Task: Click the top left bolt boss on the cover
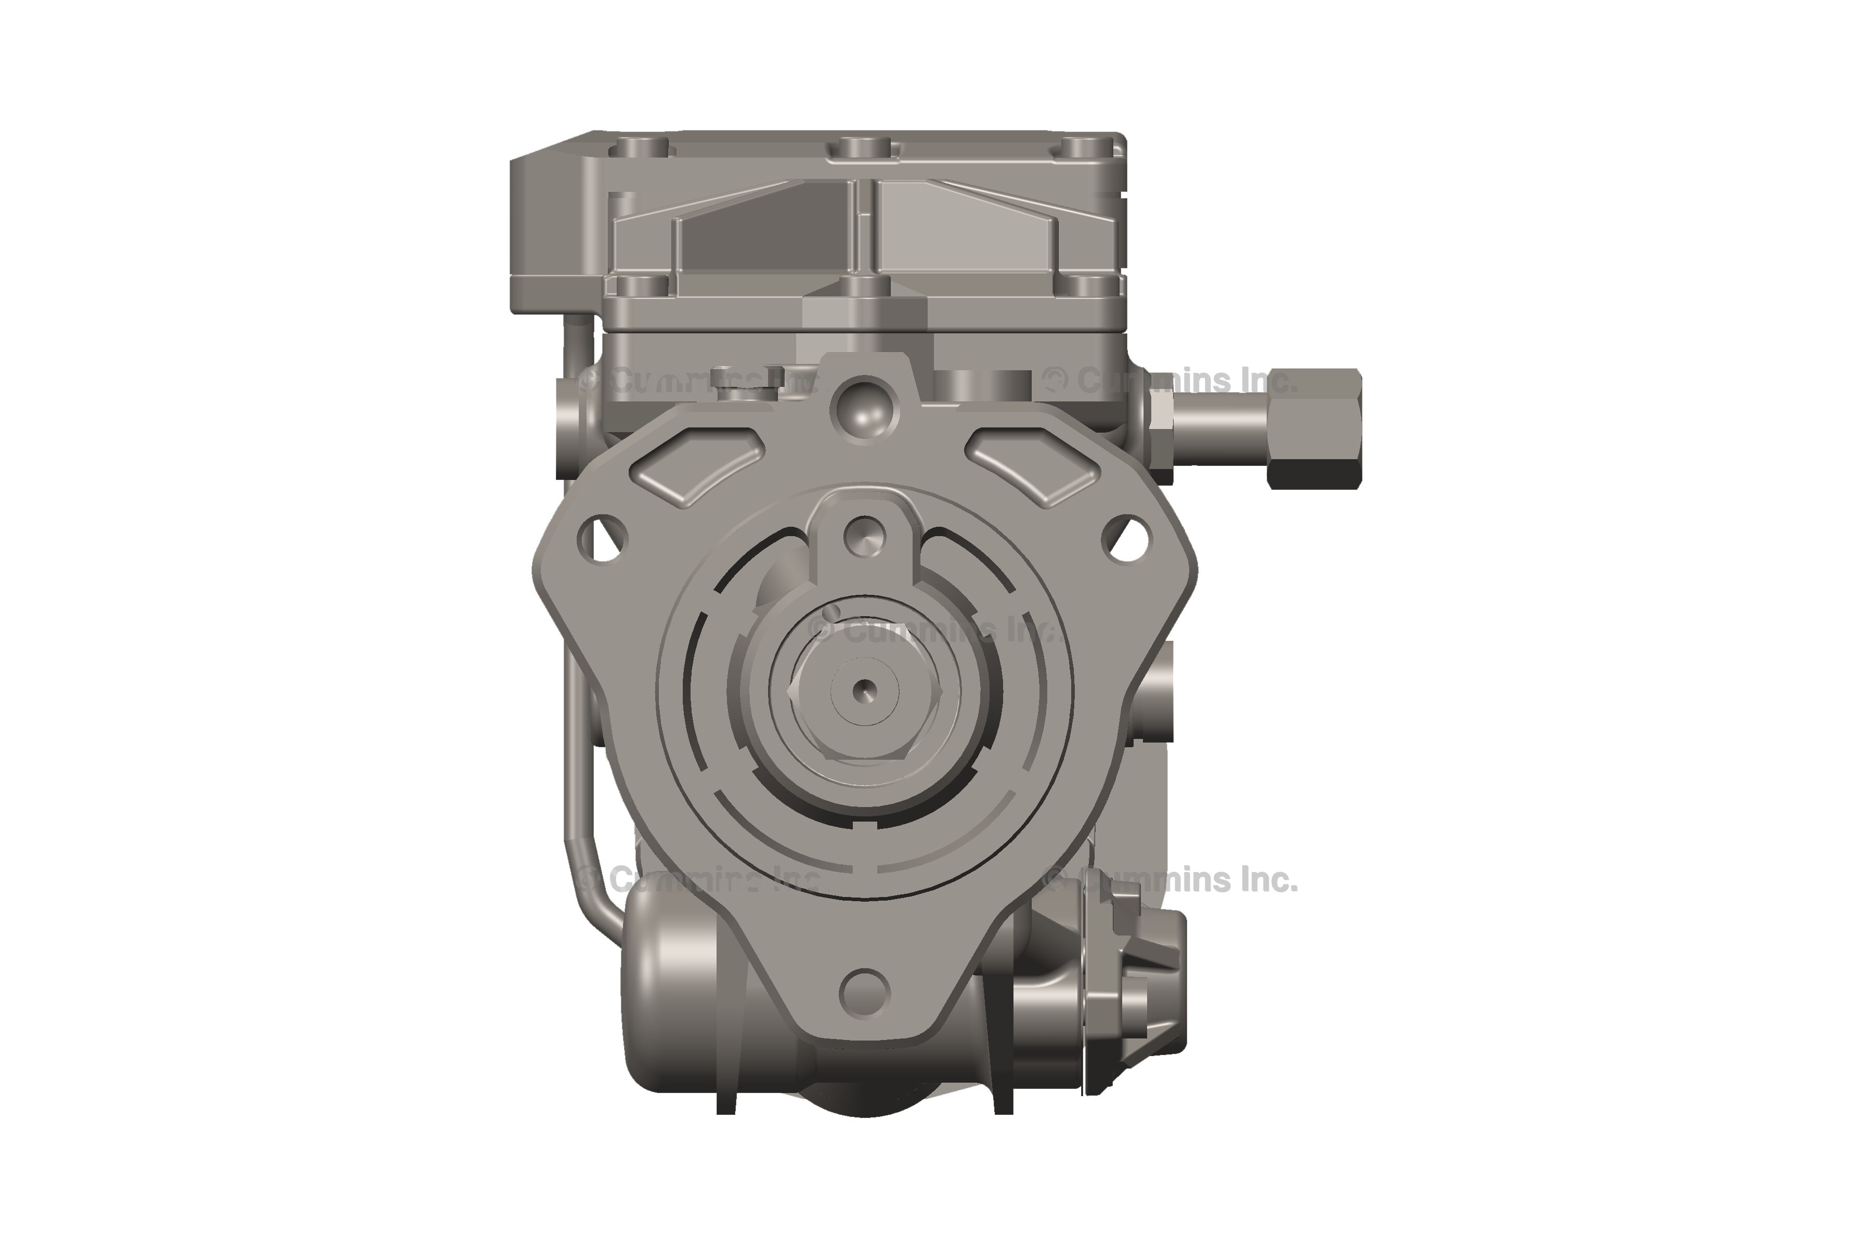tap(642, 148)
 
